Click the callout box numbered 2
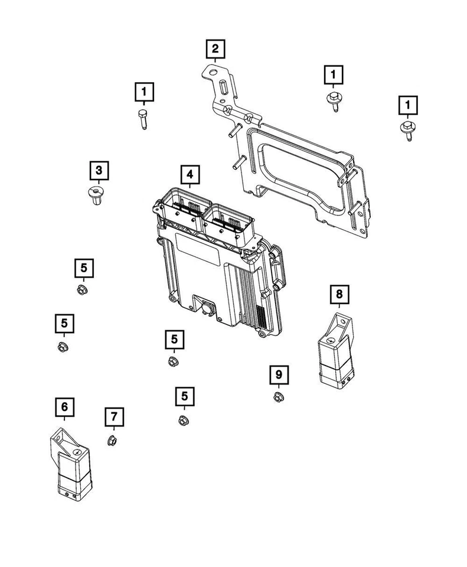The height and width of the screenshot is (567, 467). [214, 48]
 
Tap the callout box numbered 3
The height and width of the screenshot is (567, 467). [99, 171]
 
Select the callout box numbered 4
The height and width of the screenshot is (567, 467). [190, 174]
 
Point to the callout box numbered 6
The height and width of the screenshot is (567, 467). [64, 407]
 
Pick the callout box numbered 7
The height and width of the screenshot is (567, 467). [115, 417]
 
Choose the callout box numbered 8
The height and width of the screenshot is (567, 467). [339, 293]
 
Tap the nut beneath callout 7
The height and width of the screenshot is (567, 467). [112, 440]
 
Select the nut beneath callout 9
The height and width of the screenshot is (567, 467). [278, 397]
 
